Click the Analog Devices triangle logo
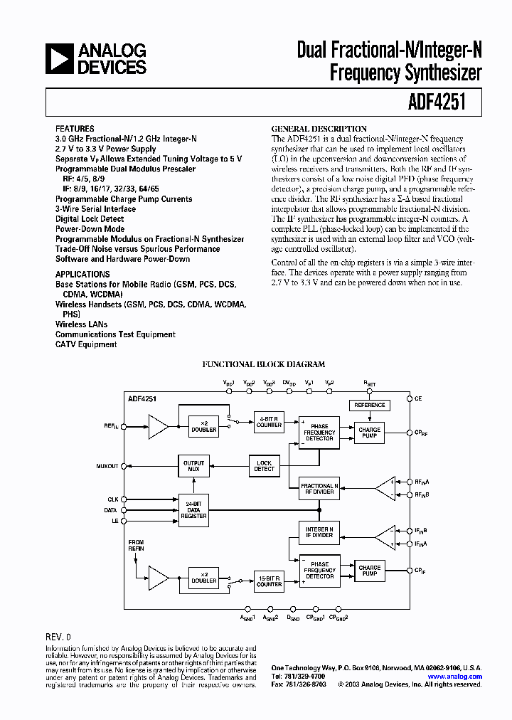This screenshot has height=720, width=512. pyautogui.click(x=60, y=58)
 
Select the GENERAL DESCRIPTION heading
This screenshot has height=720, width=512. pyautogui.click(x=319, y=129)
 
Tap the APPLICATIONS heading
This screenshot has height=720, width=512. pyautogui.click(x=82, y=274)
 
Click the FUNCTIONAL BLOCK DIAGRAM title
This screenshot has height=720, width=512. pyautogui.click(x=263, y=364)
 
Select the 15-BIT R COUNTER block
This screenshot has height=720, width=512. pyautogui.click(x=270, y=581)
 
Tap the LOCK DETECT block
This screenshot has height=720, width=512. pyautogui.click(x=264, y=466)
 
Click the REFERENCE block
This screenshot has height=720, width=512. pyautogui.click(x=370, y=405)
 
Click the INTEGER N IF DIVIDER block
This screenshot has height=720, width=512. pyautogui.click(x=319, y=532)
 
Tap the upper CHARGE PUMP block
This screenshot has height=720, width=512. pyautogui.click(x=370, y=432)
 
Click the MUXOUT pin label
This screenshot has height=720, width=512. pyautogui.click(x=107, y=466)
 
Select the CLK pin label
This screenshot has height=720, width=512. pyautogui.click(x=112, y=499)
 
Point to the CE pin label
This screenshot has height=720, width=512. pyautogui.click(x=419, y=398)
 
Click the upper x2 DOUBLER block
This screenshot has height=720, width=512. pyautogui.click(x=204, y=425)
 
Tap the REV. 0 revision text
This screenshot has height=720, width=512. pyautogui.click(x=58, y=637)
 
